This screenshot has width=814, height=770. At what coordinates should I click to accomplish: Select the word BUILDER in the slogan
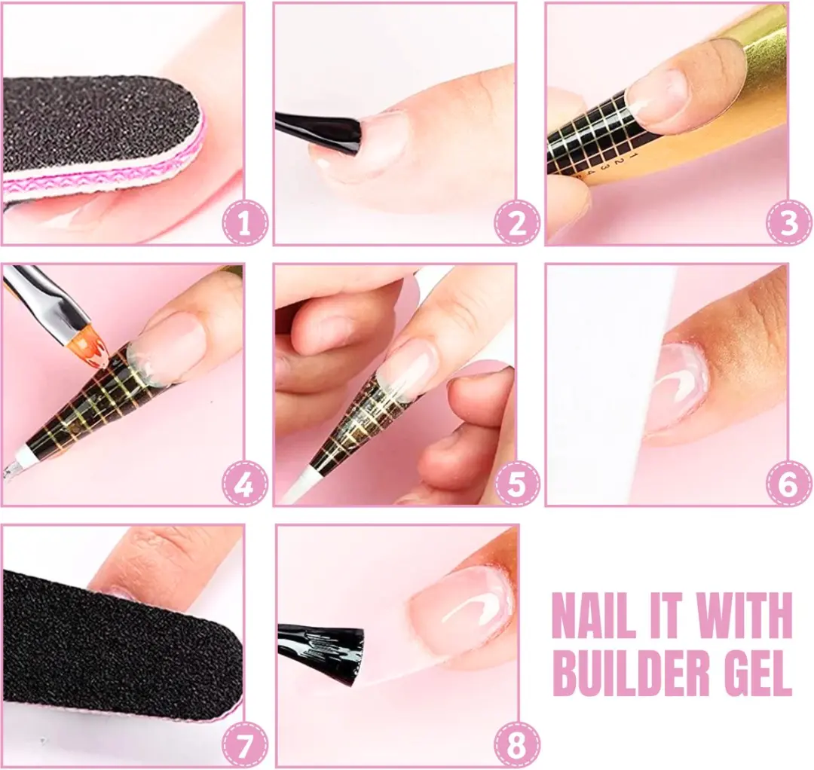[629, 673]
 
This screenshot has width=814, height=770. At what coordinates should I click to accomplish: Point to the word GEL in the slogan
[755, 673]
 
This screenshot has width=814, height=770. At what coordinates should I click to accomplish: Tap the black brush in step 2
[318, 132]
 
